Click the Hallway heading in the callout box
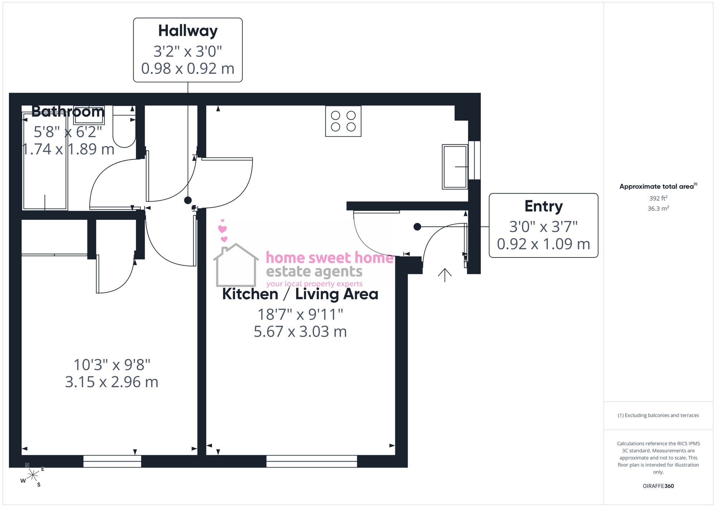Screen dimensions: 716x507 (x=188, y=31)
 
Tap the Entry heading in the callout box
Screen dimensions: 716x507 (x=543, y=206)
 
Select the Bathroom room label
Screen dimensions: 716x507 (x=68, y=111)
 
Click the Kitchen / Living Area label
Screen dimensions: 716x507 (x=300, y=294)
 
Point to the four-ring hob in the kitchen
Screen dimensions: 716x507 (x=343, y=121)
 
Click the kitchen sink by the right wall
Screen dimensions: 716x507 (x=455, y=167)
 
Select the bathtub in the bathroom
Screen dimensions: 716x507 (x=45, y=161)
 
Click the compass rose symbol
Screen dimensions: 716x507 (x=33, y=475)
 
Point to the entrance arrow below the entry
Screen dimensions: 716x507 (x=445, y=275)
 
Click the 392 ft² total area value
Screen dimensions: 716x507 (x=658, y=198)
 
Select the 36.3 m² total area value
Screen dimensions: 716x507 (x=658, y=209)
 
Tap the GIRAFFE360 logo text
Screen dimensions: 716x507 (x=658, y=486)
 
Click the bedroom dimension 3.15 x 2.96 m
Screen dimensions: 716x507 (x=112, y=382)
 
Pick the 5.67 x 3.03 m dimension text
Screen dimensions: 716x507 (x=300, y=332)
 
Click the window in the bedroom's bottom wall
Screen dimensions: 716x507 (x=112, y=461)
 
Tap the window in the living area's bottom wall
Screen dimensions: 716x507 (x=311, y=461)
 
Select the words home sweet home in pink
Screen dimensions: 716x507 (x=329, y=258)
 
